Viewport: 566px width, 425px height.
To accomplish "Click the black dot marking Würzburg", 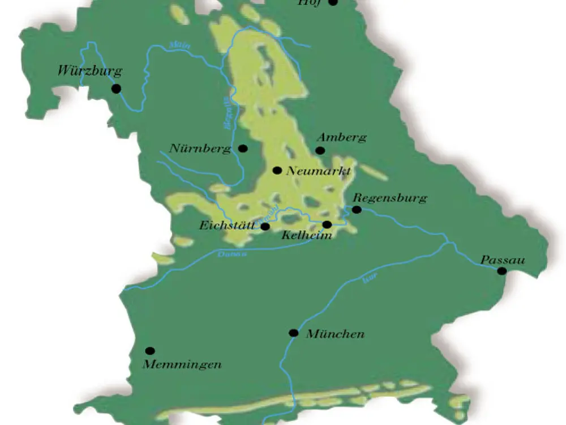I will pos(116,88).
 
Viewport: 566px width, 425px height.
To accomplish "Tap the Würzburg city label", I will pos(90,72).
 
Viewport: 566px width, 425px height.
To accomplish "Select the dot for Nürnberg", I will pos(243,148).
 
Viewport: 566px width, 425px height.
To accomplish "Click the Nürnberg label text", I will pos(200,150).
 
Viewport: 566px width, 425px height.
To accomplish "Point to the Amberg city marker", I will pos(320,150).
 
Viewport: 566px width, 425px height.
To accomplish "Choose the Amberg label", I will pos(342,138).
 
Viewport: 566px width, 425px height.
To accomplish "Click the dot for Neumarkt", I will pos(277,170).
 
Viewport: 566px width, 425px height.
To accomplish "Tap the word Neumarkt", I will pos(319,171).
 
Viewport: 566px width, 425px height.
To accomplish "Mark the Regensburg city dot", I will pos(357,210).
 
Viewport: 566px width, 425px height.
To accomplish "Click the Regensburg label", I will pos(389,198).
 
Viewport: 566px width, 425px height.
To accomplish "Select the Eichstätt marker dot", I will pos(265,227).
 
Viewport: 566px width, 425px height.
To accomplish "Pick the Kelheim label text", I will pos(306,236).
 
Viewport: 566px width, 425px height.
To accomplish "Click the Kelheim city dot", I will pos(327,225).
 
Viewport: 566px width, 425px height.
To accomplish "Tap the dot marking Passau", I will pos(501,271).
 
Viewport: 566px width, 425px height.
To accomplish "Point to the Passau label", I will pos(503,260).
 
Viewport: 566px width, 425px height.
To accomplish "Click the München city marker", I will pos(293,333).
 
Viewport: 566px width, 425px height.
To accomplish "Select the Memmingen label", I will pos(182,364).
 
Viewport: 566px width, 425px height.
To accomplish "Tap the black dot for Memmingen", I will pos(150,351).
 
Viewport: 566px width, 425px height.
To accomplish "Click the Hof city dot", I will pos(333,2).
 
